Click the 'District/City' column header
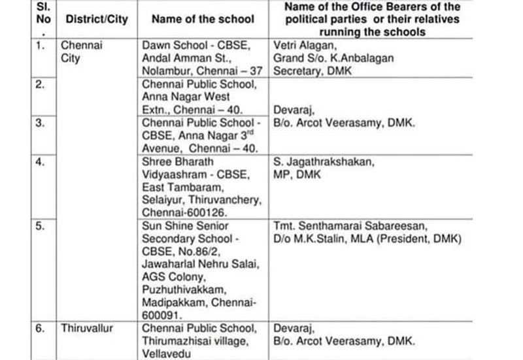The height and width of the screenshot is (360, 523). [97, 19]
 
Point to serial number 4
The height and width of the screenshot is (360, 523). [41, 161]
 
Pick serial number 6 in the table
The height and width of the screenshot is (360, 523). [41, 328]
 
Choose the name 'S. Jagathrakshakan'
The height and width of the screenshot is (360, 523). [324, 161]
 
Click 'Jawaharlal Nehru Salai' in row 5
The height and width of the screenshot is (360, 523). [200, 264]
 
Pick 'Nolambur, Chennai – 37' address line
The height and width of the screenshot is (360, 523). [199, 71]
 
